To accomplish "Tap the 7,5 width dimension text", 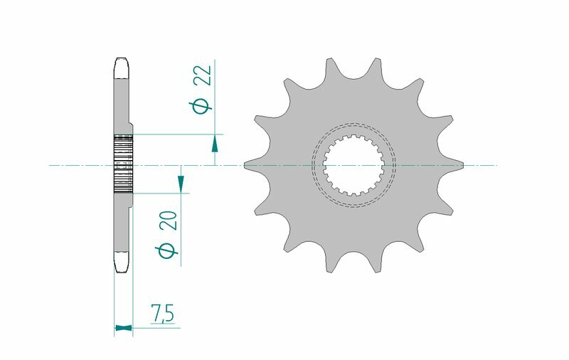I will [162, 313].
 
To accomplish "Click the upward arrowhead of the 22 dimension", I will [214, 144].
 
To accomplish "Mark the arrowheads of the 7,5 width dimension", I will [123, 328].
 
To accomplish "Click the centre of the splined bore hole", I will [353, 166].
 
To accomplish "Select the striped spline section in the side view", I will [123, 164].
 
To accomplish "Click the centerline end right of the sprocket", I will [494, 166].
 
